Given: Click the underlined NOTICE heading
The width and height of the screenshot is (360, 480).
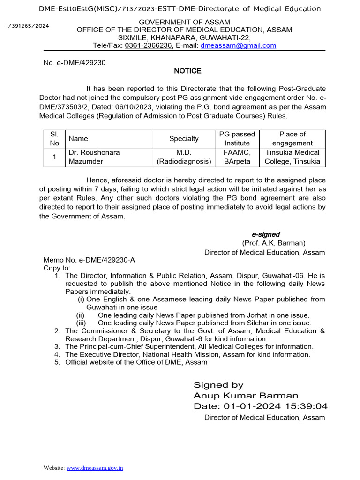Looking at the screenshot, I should tap(187, 71).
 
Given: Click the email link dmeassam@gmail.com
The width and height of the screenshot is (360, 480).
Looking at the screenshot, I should tap(238, 45).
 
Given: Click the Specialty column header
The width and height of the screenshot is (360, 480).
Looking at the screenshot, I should tap(184, 138).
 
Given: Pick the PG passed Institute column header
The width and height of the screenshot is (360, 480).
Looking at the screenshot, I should tap(237, 138).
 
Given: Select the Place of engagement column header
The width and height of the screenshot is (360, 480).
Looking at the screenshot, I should tap(292, 138).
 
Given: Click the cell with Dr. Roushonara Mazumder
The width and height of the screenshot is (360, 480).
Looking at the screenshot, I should tap(94, 157).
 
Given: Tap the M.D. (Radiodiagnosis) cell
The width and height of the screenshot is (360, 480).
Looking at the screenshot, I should tap(184, 157).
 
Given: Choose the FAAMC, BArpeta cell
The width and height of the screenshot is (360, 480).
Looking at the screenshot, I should tap(237, 157).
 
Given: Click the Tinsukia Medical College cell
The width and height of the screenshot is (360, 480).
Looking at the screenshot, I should tap(292, 157).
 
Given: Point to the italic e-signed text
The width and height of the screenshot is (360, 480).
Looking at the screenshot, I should tap(266, 234).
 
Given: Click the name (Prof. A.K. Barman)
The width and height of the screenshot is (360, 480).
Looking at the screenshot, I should tap(274, 243).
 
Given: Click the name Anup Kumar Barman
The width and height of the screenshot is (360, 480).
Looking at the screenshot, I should tap(246, 395).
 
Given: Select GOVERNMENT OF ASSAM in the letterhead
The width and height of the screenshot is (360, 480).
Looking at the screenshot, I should tap(184, 22).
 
